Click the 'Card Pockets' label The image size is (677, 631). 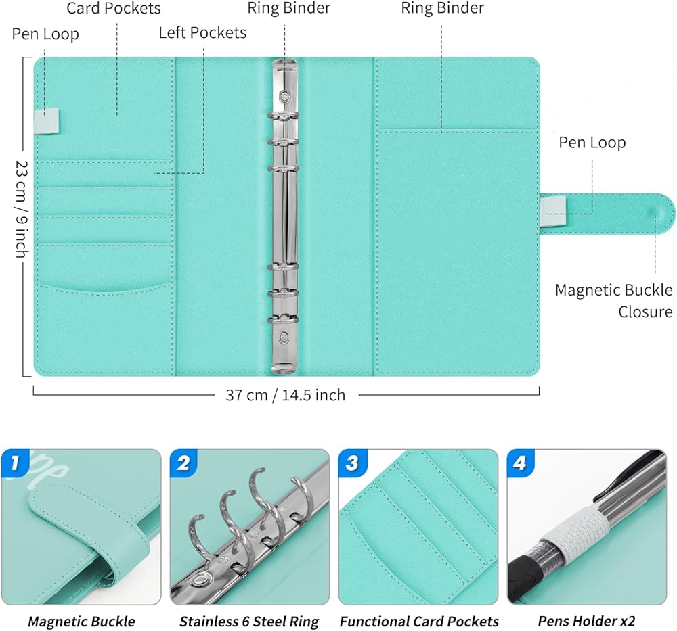114,9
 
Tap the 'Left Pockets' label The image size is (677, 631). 202,32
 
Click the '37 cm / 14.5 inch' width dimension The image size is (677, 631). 286,395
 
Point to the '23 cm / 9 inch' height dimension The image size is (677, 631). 22,209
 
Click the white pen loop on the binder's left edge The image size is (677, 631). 47,121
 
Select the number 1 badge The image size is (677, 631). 15,463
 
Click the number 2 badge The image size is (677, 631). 183,463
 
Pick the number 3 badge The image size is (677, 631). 352,463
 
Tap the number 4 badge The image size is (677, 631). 520,463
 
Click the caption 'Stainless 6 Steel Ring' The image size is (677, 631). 249,622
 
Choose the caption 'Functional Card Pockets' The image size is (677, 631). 419,622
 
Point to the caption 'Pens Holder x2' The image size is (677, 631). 586,621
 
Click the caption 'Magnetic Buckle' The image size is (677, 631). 81,622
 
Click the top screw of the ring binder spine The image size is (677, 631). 284,95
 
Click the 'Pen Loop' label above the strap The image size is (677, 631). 592,143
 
